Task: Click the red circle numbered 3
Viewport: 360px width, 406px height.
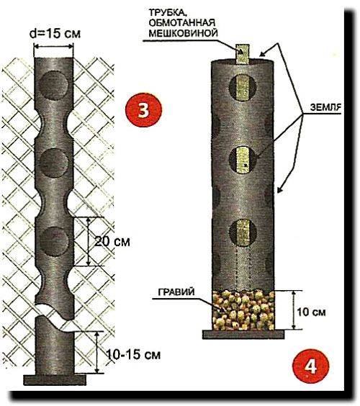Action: coord(143,110)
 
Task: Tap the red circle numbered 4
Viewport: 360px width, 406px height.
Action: coord(310,366)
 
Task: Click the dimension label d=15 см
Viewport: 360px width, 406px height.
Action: coord(55,34)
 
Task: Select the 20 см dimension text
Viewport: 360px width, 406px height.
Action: coord(112,242)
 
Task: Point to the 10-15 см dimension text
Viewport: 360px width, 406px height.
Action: coord(133,354)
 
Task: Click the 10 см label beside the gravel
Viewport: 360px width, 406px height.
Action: coord(311,312)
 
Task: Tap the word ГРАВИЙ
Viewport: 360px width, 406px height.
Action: coord(176,292)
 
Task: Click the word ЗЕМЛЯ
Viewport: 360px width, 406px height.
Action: coord(325,107)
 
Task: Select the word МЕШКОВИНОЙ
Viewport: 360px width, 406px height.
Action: coord(183,33)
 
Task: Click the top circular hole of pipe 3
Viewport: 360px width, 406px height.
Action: coord(54,86)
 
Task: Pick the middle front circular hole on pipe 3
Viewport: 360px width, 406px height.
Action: coord(55,163)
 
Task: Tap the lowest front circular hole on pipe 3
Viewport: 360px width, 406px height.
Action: coord(54,241)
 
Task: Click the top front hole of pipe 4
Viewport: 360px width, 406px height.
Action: coord(243,88)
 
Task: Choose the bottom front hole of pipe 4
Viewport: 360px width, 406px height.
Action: coord(243,233)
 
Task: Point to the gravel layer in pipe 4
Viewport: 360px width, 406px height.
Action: coord(243,310)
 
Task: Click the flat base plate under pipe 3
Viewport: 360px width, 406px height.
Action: coord(55,380)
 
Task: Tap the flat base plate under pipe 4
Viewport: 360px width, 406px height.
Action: coord(243,335)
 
